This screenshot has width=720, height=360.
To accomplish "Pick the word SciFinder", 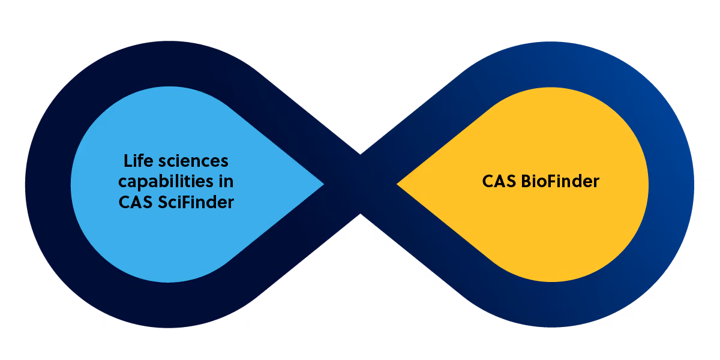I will [x=196, y=202].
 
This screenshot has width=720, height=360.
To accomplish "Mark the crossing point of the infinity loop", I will [x=360, y=184].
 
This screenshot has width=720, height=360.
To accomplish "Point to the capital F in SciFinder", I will [x=185, y=202].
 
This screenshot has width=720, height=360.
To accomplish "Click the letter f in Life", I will [x=142, y=161].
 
